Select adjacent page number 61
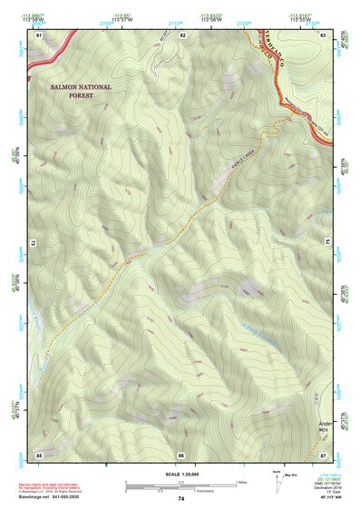click(x=39, y=34)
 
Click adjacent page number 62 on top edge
click(x=182, y=34)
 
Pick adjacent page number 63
click(x=324, y=34)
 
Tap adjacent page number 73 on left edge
click(x=34, y=243)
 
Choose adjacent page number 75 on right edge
click(x=328, y=243)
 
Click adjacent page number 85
click(x=39, y=454)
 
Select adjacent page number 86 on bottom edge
click(x=181, y=454)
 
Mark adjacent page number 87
click(x=324, y=454)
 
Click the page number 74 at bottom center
click(x=181, y=499)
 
